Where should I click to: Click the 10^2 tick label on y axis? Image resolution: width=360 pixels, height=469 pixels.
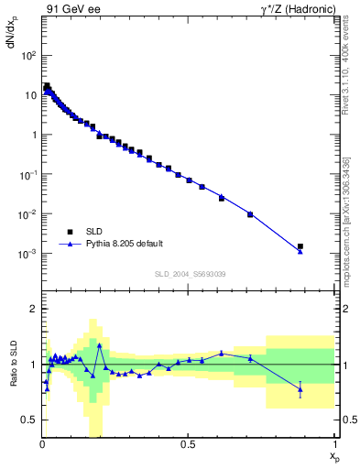pos(29,55)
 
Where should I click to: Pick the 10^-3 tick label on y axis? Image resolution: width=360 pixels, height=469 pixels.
pos(28,254)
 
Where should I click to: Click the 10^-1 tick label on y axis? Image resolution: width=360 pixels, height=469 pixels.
pos(28,174)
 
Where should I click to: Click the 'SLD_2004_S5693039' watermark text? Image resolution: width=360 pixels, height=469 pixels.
pos(189,274)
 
